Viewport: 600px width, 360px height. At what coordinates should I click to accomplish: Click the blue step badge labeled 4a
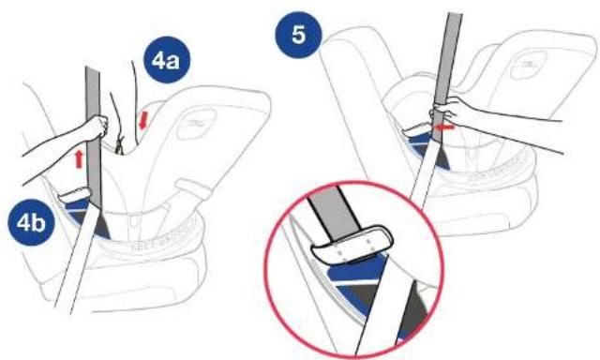click(166, 60)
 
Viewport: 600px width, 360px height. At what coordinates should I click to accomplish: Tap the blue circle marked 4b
click(32, 223)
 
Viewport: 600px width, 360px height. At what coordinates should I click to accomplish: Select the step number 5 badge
click(298, 35)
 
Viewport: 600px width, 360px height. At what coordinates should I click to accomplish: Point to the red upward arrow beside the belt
click(79, 158)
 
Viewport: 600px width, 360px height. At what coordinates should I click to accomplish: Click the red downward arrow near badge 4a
click(143, 121)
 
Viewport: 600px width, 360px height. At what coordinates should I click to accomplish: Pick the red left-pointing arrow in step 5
click(444, 127)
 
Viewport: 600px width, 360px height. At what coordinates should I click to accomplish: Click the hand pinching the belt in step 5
click(443, 110)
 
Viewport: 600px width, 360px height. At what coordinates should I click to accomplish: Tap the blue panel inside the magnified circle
click(356, 272)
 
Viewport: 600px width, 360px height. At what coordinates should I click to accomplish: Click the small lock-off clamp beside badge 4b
click(75, 194)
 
